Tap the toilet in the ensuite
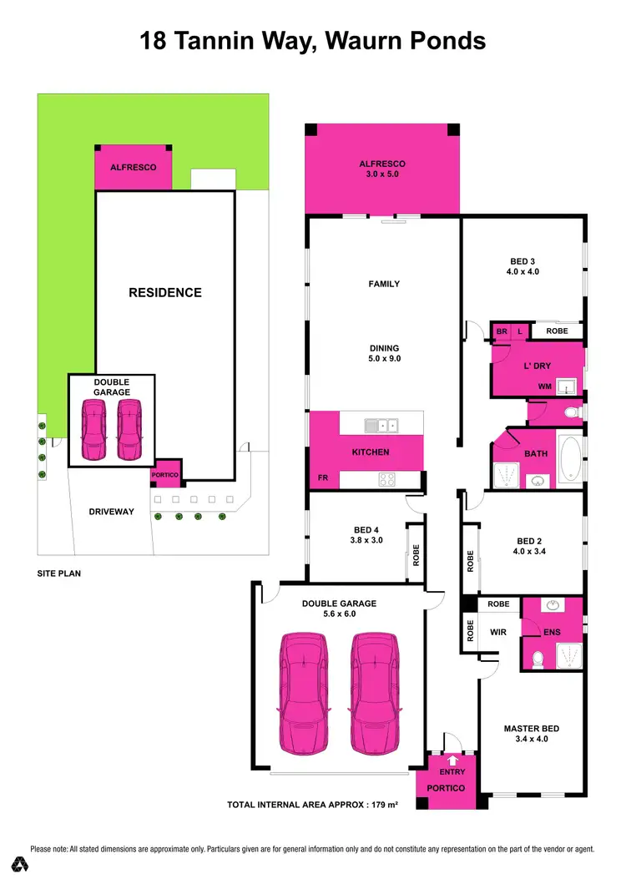(538, 659)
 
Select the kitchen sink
(381, 426)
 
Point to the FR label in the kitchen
(322, 480)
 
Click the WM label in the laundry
(545, 387)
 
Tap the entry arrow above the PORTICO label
(453, 760)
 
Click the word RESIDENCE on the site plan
(164, 293)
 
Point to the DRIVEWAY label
(111, 512)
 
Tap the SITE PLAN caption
(60, 574)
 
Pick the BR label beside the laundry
(502, 331)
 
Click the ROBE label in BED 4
(415, 554)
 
